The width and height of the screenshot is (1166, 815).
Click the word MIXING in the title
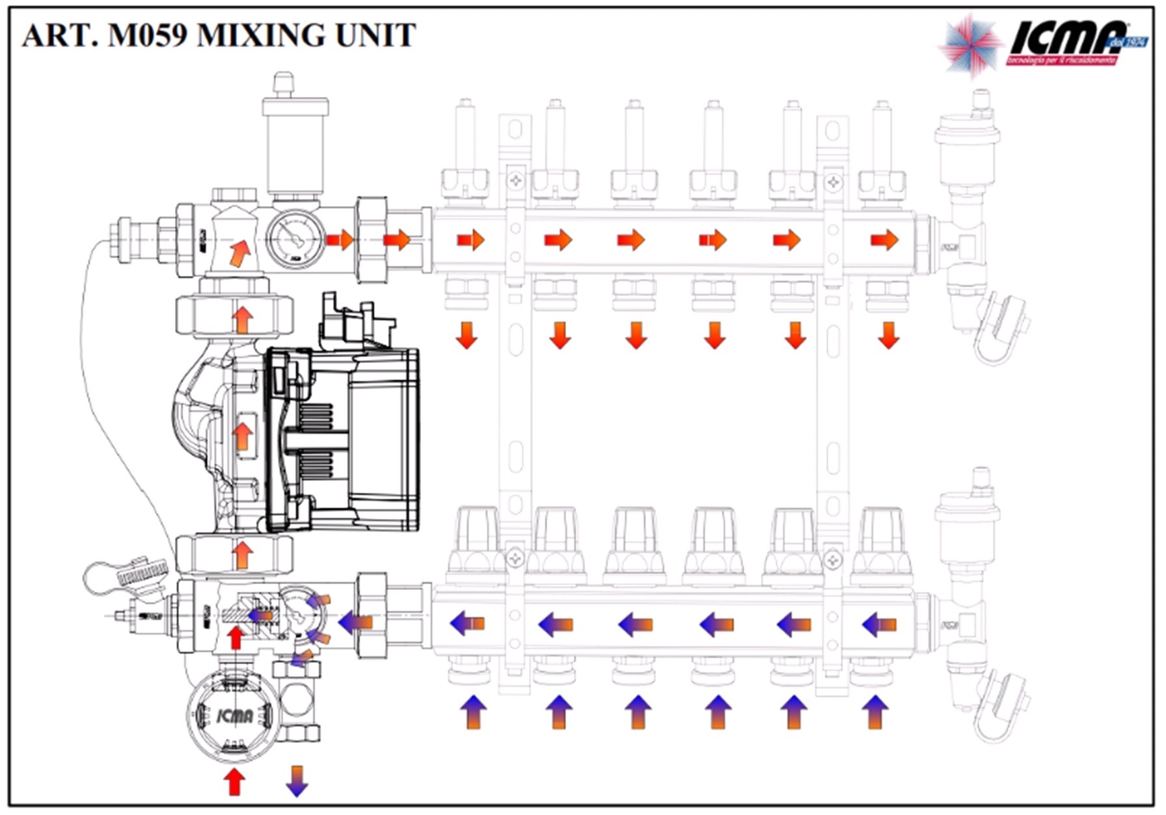click(264, 35)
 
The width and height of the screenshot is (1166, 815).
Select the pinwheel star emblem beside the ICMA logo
click(970, 44)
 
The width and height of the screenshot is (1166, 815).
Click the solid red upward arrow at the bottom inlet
click(234, 781)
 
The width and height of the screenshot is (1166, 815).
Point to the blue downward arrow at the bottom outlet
click(297, 781)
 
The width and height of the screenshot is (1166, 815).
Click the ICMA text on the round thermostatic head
click(234, 716)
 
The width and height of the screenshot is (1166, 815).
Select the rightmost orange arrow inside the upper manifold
click(884, 240)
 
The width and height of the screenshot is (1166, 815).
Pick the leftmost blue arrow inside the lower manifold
click(467, 624)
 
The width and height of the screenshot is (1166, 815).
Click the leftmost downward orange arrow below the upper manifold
click(467, 335)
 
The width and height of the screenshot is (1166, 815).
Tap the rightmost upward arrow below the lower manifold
click(875, 712)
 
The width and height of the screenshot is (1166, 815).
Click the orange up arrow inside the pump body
click(243, 436)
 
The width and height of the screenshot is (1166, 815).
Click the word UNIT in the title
click(375, 35)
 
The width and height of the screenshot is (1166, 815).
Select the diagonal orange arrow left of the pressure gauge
click(239, 252)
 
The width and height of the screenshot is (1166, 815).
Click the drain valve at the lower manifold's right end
click(1002, 706)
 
